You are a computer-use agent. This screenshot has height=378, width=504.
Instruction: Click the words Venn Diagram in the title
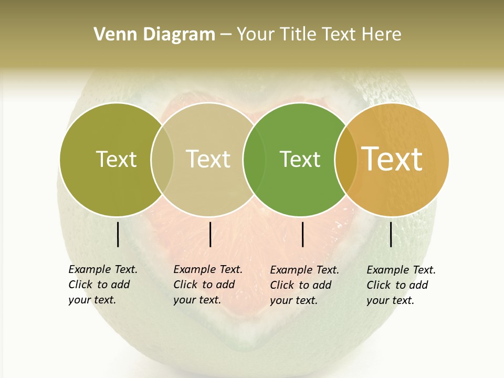click(154, 35)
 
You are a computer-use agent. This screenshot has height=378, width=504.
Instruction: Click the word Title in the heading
click(298, 35)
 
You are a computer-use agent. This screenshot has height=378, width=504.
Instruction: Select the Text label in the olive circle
click(116, 159)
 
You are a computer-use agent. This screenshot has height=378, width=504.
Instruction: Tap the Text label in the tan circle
click(208, 159)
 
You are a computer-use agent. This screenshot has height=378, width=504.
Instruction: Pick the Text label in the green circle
click(300, 159)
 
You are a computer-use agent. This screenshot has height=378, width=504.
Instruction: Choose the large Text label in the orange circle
click(392, 159)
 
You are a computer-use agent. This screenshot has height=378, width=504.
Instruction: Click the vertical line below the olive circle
click(118, 234)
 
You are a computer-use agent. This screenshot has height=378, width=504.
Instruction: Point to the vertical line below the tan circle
click(210, 234)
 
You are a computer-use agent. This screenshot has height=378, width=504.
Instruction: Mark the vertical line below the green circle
click(303, 234)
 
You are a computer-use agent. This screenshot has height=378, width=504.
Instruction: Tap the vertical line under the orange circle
click(391, 234)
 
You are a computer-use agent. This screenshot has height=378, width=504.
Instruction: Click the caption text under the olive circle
click(102, 285)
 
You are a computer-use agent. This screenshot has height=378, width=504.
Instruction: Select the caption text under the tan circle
click(207, 285)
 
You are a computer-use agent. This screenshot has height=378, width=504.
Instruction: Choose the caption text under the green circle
click(304, 285)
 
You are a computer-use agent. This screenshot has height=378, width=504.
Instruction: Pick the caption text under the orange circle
click(401, 285)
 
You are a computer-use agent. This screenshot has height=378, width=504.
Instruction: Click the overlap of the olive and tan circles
click(162, 160)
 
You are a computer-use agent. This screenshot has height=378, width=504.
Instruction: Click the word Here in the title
click(382, 35)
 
